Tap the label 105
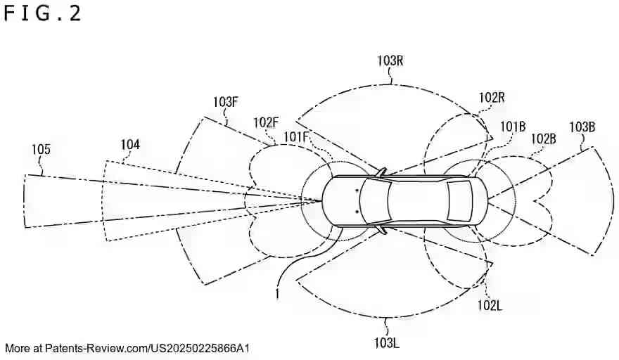click(x=41, y=148)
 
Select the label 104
click(x=130, y=145)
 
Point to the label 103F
click(x=225, y=102)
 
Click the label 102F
click(x=267, y=122)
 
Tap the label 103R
click(x=390, y=61)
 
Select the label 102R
click(x=492, y=97)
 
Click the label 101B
click(x=513, y=127)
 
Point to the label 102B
click(x=544, y=139)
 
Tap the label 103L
click(x=386, y=342)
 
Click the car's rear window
click(x=459, y=200)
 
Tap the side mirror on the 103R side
click(x=381, y=172)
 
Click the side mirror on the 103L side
click(x=381, y=229)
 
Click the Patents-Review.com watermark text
click(x=127, y=348)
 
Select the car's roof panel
click(x=419, y=200)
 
